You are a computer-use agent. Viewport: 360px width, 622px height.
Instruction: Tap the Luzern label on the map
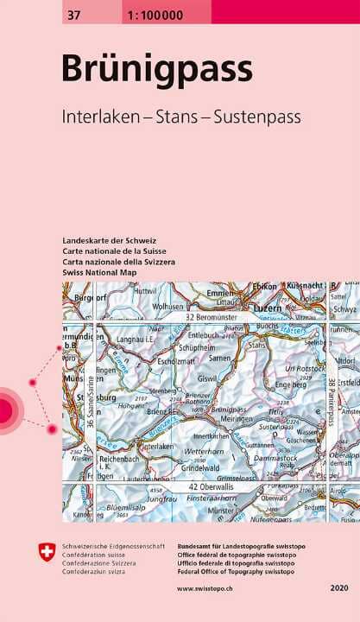(262, 307)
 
